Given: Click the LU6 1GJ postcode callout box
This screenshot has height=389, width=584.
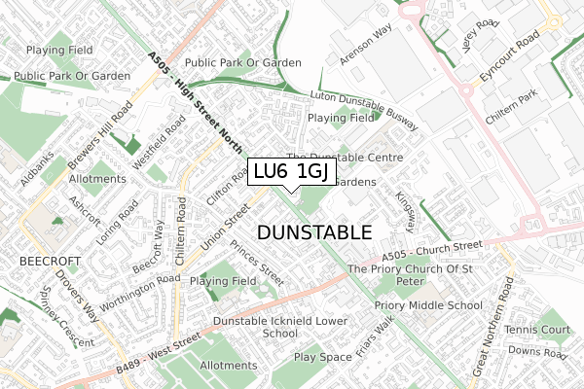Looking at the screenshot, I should coord(292,171).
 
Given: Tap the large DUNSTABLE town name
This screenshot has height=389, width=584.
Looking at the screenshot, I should coord(314,232).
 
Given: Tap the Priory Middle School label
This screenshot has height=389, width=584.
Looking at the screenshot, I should coord(428,305).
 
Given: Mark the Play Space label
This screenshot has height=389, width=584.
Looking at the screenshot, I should coord(323,357).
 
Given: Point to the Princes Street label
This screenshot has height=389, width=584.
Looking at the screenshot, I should coord(257,263).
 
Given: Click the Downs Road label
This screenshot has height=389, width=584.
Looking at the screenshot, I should coord(536,351).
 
